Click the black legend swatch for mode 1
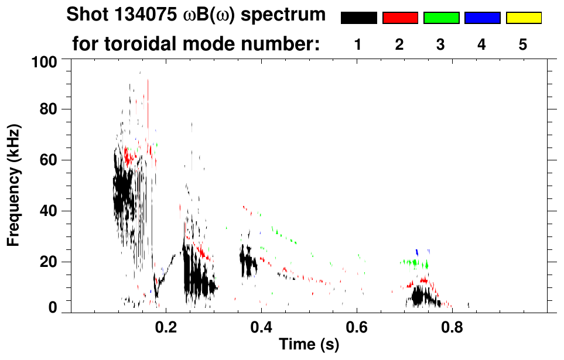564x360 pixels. coord(358,18)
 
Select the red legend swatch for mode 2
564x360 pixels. coord(400,18)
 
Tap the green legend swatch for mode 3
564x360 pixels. coord(441,18)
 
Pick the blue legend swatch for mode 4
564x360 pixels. coord(482,18)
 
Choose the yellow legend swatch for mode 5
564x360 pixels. coord(523,18)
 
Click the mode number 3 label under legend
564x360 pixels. coord(440,44)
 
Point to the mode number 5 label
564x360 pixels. coord(522,44)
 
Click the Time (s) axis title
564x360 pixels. coord(308,345)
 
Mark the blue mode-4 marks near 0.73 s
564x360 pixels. coord(417,252)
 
